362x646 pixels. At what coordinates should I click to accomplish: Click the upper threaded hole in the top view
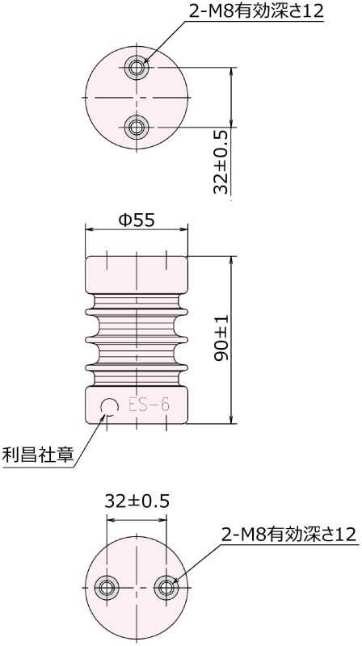click(137, 66)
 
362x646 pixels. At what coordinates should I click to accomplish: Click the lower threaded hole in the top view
click(137, 125)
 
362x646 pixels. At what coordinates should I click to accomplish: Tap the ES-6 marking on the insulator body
click(149, 405)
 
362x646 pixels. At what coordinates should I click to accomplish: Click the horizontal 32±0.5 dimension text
click(137, 501)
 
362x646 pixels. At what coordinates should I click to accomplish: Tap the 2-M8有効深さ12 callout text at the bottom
click(288, 535)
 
